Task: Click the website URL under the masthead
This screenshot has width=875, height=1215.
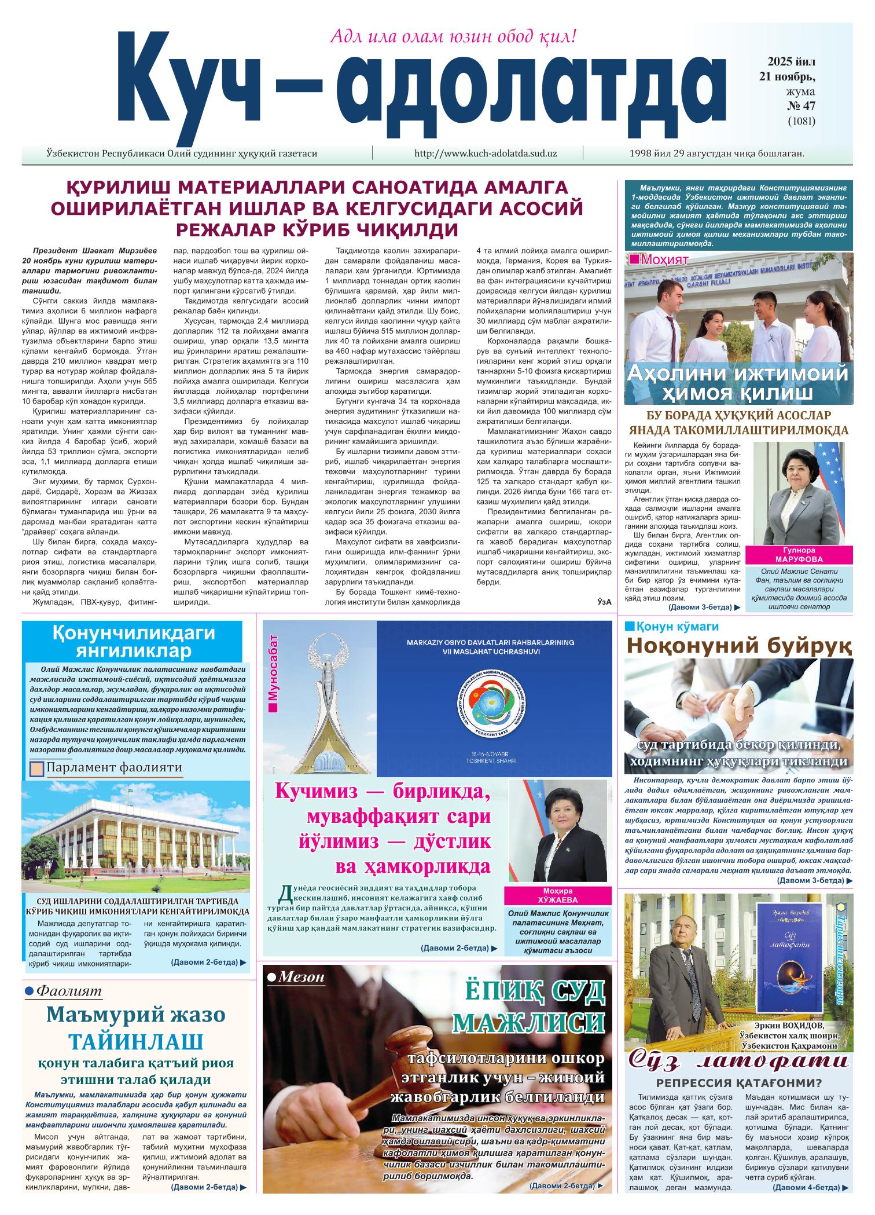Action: [x=486, y=154]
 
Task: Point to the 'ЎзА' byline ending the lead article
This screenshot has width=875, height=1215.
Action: [x=604, y=602]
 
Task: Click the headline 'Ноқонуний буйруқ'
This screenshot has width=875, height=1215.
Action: [x=739, y=645]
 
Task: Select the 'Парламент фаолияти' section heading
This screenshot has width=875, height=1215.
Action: [x=114, y=768]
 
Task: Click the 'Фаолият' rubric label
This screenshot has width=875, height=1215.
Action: [x=68, y=991]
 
